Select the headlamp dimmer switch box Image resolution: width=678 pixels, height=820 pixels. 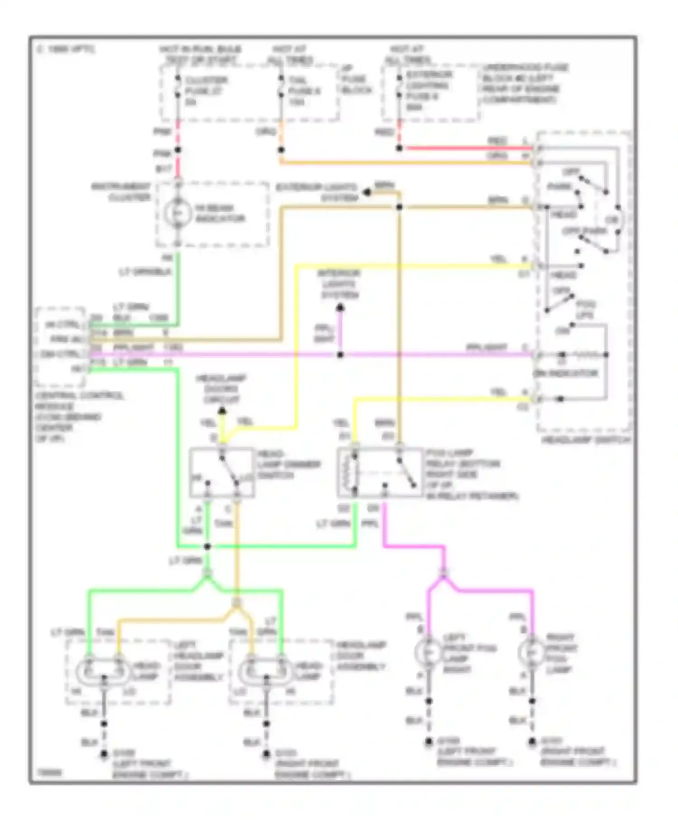click(221, 472)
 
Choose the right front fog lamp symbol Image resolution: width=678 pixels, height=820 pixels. click(532, 652)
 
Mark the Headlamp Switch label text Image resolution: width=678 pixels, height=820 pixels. click(585, 439)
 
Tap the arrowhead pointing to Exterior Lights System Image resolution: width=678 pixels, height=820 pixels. click(367, 193)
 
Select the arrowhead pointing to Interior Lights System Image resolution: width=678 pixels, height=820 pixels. click(340, 308)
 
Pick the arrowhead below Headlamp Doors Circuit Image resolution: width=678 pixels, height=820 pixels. click(222, 411)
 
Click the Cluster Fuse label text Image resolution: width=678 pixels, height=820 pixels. click(206, 91)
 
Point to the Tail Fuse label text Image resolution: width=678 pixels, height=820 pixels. click(304, 91)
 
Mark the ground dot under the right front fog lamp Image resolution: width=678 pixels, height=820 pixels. click(532, 742)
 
